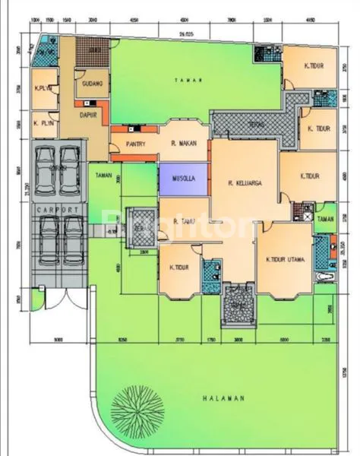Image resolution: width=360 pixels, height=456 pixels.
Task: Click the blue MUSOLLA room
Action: pos(183,181)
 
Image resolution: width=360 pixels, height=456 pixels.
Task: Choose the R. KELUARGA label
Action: pos(244,182)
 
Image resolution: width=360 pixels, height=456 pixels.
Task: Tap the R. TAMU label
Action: pos(185,221)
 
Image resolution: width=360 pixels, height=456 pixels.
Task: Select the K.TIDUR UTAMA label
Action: pos(286,260)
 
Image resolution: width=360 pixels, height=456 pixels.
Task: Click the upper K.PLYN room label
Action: pos(42,89)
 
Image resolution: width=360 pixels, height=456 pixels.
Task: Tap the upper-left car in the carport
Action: pos(46,165)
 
